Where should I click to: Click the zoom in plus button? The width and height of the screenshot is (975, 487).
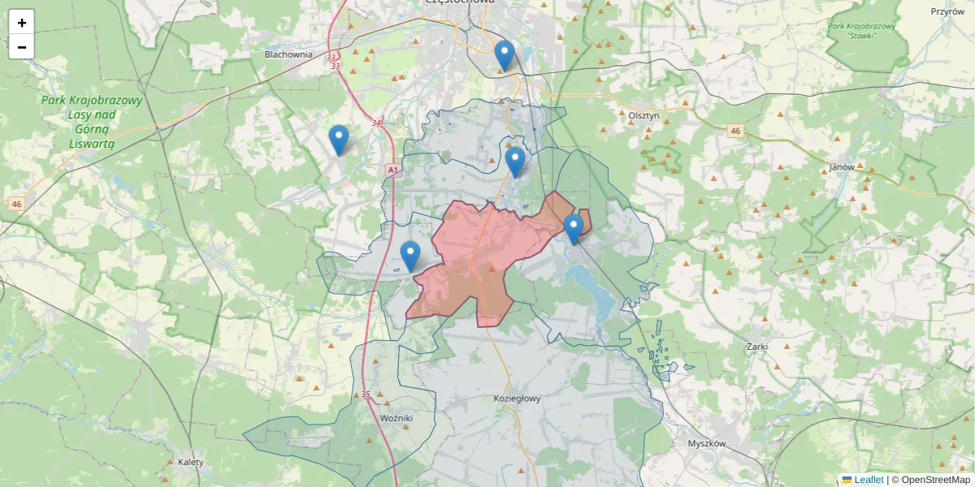21,23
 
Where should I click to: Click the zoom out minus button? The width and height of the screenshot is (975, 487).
21,47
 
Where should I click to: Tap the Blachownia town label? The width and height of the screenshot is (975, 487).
288,54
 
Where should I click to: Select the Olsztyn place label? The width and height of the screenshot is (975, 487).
643,116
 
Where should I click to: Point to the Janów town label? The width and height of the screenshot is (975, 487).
842,166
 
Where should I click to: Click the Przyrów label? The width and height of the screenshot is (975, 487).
947,11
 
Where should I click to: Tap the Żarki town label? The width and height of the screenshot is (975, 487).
756,346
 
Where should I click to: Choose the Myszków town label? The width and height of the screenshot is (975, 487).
705,443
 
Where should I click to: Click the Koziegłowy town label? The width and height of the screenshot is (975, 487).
517,399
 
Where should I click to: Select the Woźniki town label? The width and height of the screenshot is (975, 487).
396,417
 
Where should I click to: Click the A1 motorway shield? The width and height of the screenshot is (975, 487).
393,170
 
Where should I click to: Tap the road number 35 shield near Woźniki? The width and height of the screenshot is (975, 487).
366,394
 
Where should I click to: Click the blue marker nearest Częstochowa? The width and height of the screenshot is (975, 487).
505,55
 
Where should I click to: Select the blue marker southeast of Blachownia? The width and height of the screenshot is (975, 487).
339,140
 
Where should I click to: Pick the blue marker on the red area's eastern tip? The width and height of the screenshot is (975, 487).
574,228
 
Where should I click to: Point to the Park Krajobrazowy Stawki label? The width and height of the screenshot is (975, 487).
861,31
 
